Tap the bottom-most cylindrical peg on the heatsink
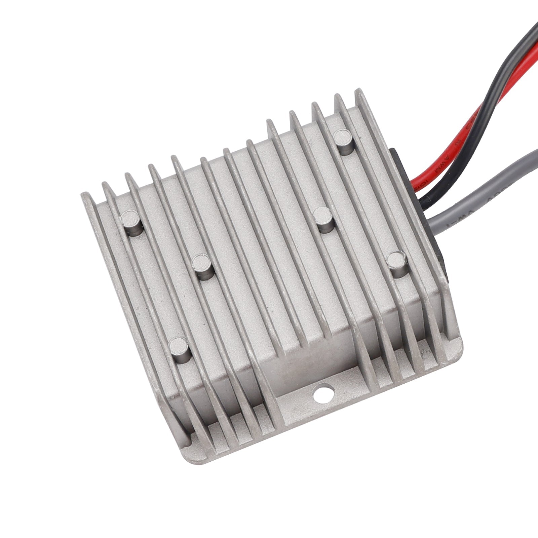(180, 348)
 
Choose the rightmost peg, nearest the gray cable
(397, 264)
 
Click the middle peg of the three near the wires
(323, 219)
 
